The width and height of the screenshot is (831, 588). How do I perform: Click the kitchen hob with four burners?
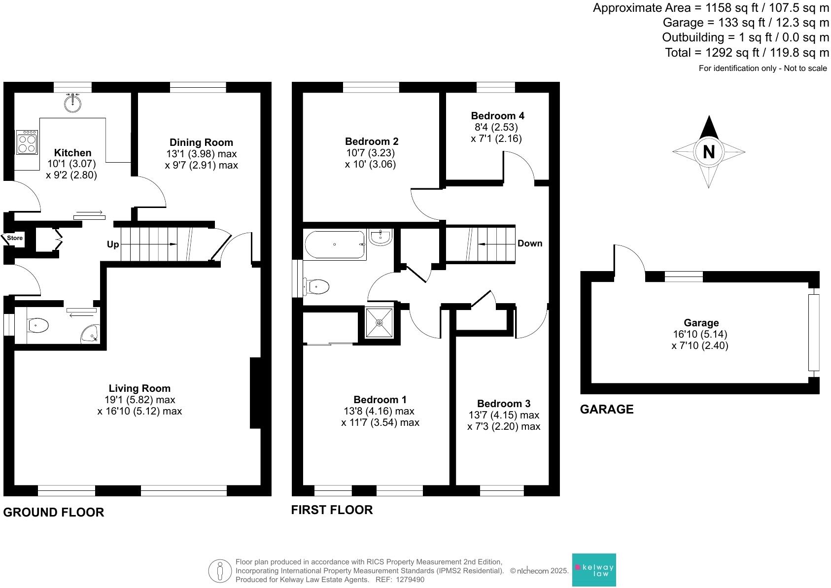(x=27, y=142)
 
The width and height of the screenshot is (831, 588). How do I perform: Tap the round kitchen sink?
(x=73, y=103)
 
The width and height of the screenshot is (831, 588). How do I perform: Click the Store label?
(x=15, y=238)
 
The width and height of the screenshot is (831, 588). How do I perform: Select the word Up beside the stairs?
(x=113, y=244)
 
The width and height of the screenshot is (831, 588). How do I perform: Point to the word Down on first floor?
(x=530, y=243)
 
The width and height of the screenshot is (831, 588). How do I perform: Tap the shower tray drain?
(x=379, y=323)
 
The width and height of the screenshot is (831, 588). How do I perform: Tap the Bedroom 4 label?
(x=497, y=116)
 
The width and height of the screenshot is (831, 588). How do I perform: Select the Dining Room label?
(x=201, y=142)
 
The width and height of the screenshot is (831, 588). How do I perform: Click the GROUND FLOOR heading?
(x=54, y=512)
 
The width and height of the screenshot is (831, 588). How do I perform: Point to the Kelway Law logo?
(x=594, y=570)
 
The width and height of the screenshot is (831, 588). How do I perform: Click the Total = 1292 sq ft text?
(x=747, y=52)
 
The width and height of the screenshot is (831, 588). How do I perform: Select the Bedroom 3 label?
(x=504, y=404)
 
